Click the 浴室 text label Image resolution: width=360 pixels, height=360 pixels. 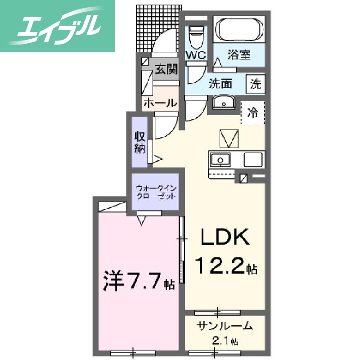point(239,55)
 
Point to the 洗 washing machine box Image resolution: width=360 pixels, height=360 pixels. point(256,84)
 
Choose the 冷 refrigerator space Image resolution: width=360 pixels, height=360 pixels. point(253,113)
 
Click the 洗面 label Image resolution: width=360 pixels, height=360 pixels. point(220,84)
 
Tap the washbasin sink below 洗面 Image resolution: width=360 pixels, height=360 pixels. point(222,103)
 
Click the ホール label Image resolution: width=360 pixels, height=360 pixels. point(160,103)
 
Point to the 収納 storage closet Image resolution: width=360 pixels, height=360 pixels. point(139,142)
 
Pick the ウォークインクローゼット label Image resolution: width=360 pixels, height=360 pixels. point(155,192)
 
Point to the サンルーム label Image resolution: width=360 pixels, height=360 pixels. point(225,327)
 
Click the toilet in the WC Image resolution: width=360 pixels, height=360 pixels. point(196,38)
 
